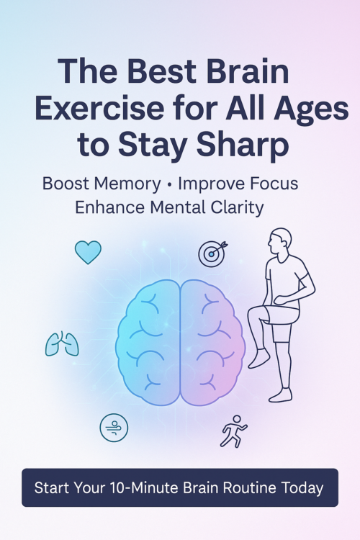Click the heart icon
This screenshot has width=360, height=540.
pyautogui.click(x=88, y=252)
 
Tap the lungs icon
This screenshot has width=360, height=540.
pyautogui.click(x=62, y=344)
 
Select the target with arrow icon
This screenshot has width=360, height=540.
pyautogui.click(x=212, y=253)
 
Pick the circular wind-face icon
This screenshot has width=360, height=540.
pyautogui.click(x=114, y=427)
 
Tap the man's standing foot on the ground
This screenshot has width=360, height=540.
pyautogui.click(x=281, y=395)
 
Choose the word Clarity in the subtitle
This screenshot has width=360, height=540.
pyautogui.click(x=234, y=207)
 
